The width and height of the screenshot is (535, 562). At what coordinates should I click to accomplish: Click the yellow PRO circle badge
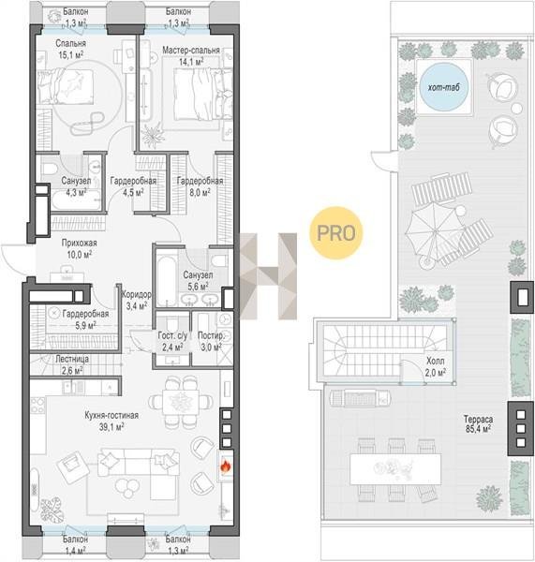[336, 233]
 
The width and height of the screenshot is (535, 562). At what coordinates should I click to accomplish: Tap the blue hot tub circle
[443, 87]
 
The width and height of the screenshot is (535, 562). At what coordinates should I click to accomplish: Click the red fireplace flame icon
[226, 466]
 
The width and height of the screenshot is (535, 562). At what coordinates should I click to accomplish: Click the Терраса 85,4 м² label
[479, 423]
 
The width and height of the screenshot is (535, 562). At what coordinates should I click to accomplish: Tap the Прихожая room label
[80, 243]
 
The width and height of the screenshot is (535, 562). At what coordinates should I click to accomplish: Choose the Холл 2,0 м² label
[436, 366]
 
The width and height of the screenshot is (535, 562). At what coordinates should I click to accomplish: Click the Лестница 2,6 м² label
[72, 364]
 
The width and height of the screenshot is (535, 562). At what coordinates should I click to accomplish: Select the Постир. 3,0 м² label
[211, 342]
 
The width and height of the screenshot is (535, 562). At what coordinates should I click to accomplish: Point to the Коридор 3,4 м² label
[136, 300]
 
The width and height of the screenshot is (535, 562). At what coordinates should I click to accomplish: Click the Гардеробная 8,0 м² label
[200, 186]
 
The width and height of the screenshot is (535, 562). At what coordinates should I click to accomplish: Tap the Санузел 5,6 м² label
[198, 281]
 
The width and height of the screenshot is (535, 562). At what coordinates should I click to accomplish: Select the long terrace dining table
[395, 469]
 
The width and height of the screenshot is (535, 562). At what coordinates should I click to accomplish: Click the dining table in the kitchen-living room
[181, 402]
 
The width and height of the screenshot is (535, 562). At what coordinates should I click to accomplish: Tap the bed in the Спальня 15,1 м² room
[66, 86]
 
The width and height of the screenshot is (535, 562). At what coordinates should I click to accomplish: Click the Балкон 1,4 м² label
[75, 544]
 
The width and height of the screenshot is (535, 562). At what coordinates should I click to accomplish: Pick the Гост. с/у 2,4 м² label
[172, 341]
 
